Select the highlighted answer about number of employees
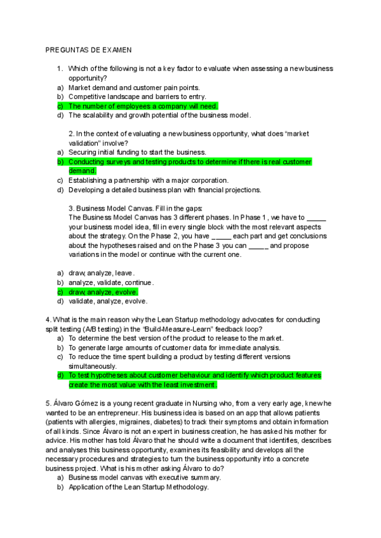point(142,106)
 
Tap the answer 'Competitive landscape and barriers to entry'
point(142,96)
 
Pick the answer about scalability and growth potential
point(159,115)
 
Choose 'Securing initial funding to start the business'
point(137,152)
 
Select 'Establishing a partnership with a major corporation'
point(148,180)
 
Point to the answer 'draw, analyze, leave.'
point(102,273)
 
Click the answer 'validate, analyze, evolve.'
point(107,301)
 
